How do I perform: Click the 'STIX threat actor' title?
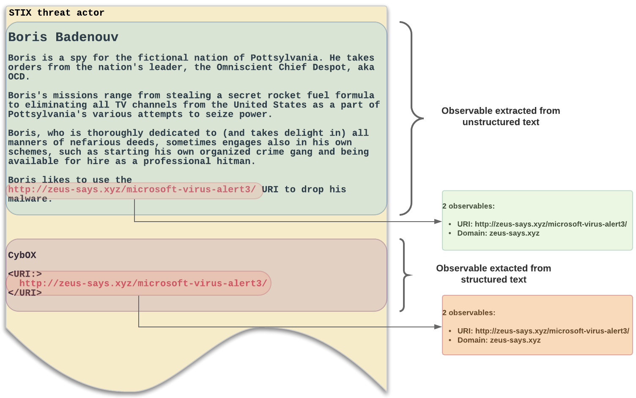pyautogui.click(x=56, y=13)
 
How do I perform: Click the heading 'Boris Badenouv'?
pyautogui.click(x=63, y=37)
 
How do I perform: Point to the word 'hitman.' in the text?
pyautogui.click(x=236, y=161)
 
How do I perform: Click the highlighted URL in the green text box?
pyautogui.click(x=132, y=189)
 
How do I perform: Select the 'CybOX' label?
pyautogui.click(x=22, y=255)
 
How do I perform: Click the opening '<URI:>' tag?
pyautogui.click(x=25, y=274)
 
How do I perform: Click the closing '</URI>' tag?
pyautogui.click(x=25, y=293)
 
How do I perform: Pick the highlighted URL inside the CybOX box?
pyautogui.click(x=143, y=283)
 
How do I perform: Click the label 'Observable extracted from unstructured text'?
pyautogui.click(x=501, y=116)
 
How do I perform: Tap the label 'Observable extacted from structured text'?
pyautogui.click(x=493, y=274)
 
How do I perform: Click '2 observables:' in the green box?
pyautogui.click(x=469, y=206)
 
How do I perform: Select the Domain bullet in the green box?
pyautogui.click(x=498, y=233)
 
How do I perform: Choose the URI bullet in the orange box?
pyautogui.click(x=543, y=331)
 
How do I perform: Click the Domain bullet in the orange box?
pyautogui.click(x=499, y=340)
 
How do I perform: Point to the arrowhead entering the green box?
pyautogui.click(x=439, y=221)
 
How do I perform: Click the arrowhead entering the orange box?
pyautogui.click(x=439, y=327)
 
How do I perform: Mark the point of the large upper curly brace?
pyautogui.click(x=423, y=118)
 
